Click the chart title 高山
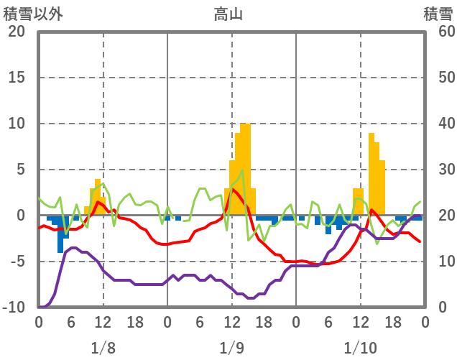click(x=228, y=14)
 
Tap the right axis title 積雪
click(x=438, y=14)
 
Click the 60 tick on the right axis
click(x=439, y=32)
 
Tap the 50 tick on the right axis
click(x=439, y=78)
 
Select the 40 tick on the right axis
click(x=439, y=124)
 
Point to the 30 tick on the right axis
click(x=439, y=170)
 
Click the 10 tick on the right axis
click(x=439, y=262)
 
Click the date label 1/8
click(x=103, y=349)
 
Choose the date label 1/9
click(x=231, y=349)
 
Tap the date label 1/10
click(x=360, y=349)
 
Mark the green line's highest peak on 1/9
click(x=243, y=170)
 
